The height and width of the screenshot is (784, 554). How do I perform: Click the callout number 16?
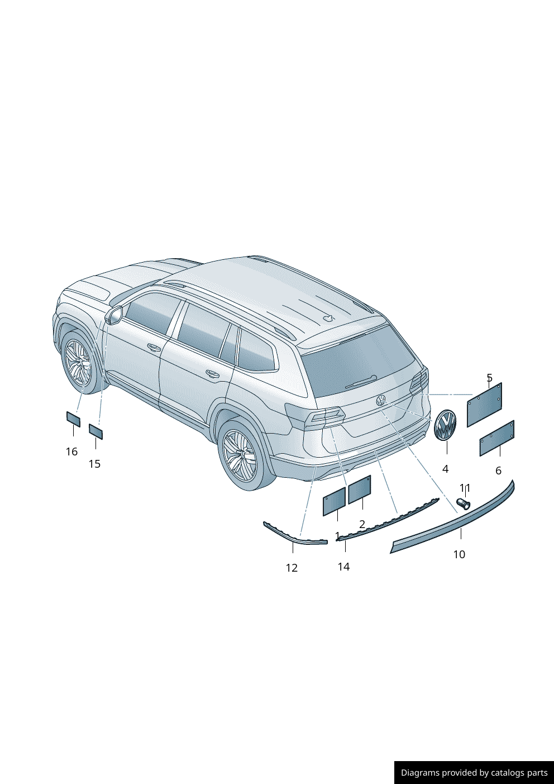pos(71,452)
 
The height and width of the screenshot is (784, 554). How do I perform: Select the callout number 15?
pos(94,464)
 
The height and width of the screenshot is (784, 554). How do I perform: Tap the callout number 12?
pos(292,568)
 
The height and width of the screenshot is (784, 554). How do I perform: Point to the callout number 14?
pos(344,567)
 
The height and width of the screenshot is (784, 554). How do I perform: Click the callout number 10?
pos(459,554)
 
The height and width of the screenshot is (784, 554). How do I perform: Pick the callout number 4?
pos(445,469)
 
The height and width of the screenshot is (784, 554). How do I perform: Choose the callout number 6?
pos(498,471)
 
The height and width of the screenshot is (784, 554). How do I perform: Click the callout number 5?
pos(489,378)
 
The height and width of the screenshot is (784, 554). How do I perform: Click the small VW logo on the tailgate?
pos(380,400)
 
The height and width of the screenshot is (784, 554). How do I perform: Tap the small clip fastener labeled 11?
pos(463,505)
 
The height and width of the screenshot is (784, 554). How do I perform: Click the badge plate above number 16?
pos(74,419)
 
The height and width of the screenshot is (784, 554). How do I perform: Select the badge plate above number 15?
pos(96,431)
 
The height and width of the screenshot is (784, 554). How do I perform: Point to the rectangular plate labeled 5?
pos(484,405)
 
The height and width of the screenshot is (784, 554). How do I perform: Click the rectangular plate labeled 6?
pos(496,438)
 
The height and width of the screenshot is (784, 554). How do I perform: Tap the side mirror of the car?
pos(115,315)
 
